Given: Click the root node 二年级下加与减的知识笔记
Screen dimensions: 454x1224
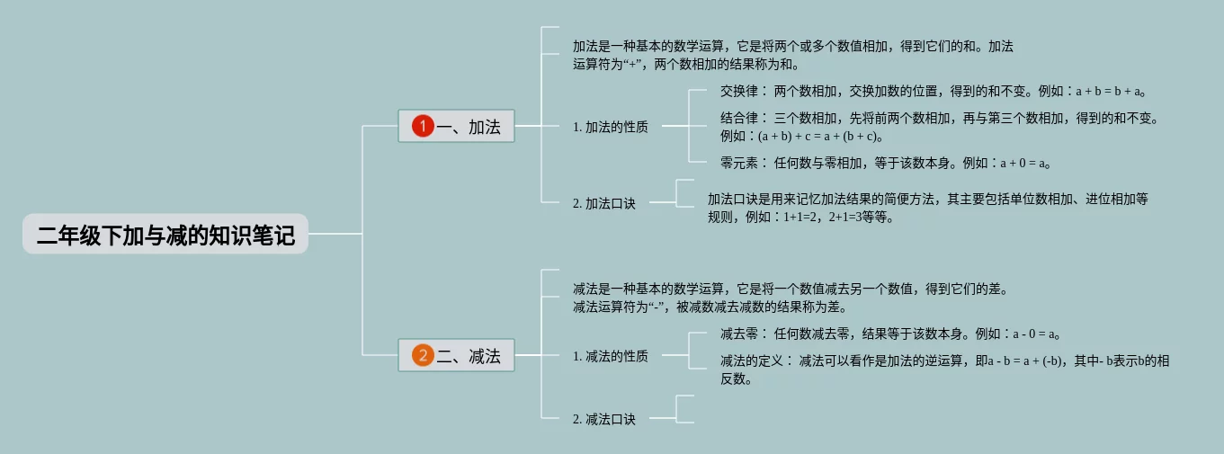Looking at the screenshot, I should [165, 235].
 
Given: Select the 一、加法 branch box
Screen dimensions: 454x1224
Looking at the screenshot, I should [456, 127].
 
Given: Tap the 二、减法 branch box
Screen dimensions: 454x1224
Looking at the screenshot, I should [456, 356].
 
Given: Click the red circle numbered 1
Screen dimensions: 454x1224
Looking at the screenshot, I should [423, 127].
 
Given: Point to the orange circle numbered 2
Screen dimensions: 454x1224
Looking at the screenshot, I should [423, 356].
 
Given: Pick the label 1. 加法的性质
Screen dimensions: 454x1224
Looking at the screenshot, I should [610, 128].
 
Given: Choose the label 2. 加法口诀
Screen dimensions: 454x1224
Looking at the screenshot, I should [603, 204].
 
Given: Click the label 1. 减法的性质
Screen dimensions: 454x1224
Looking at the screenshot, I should [610, 357].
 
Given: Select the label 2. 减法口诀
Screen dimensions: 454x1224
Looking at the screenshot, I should [603, 419].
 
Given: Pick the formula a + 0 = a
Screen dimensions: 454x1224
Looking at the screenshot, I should [1020, 164].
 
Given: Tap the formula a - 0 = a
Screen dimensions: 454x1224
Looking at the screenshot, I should [1030, 334].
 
